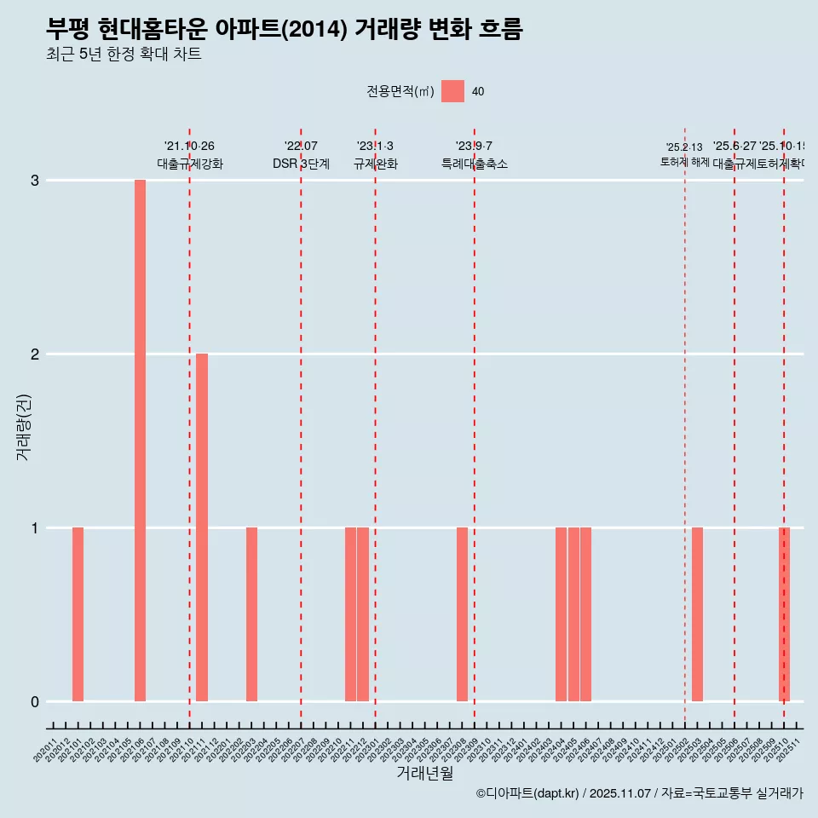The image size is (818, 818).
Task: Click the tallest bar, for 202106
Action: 140,441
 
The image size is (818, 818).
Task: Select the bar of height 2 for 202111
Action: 202,527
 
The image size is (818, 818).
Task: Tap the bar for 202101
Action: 78,614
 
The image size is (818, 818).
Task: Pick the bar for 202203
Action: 251,614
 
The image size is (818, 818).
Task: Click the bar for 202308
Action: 462,614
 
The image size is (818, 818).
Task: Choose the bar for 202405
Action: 573,614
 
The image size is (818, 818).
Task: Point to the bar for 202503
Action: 697,614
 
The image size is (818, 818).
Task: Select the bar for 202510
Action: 784,614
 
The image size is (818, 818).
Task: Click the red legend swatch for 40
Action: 452,91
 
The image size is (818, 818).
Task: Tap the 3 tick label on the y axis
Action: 35,180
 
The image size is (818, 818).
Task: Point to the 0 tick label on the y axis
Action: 35,701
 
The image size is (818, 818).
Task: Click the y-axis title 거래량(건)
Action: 24,427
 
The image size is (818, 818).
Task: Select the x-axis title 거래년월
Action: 424,773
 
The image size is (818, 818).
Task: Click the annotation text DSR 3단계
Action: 301,164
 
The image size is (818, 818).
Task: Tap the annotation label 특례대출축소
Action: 474,164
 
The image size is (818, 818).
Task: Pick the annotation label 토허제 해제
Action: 684,161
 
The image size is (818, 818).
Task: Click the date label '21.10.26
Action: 189,147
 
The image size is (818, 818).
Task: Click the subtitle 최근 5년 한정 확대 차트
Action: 124,55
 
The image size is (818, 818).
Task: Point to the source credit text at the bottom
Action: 639,793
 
